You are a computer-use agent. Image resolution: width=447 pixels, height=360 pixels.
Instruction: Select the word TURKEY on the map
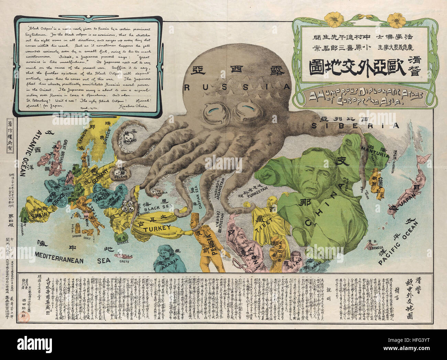[157, 228]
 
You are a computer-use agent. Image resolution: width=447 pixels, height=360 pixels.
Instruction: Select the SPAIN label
[39, 216]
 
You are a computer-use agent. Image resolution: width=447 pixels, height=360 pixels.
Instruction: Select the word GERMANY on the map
[100, 172]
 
